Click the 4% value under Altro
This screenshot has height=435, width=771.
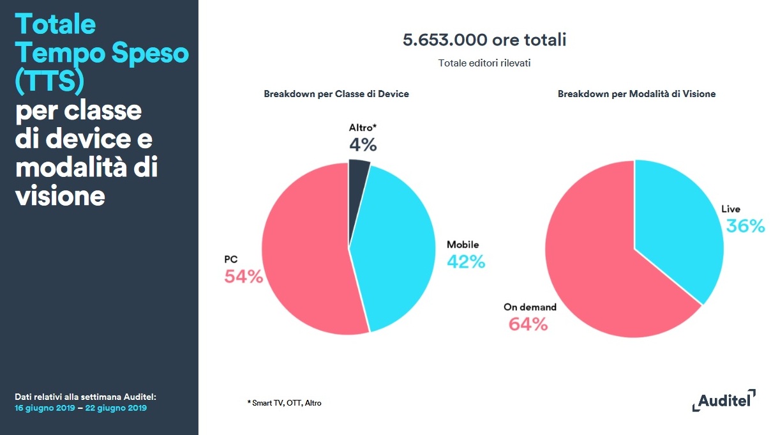pos(363,145)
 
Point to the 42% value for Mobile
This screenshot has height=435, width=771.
pos(465,261)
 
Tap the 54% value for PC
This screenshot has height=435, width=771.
pos(243,277)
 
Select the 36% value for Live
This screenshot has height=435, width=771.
pos(745,225)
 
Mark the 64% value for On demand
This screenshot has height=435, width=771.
pos(528,324)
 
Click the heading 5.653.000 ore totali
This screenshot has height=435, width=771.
pos(484,40)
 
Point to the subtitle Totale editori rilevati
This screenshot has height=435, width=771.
pos(484,63)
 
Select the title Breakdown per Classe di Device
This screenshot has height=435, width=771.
pos(336,94)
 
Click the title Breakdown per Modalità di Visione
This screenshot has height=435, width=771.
pos(636,94)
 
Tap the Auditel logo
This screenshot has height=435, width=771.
pos(724,401)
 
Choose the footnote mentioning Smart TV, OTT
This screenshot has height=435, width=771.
pos(284,403)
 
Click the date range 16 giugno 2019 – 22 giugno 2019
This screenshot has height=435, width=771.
pos(81,408)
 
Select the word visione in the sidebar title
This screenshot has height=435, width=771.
pos(59,195)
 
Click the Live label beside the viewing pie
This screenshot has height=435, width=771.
pos(730,209)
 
